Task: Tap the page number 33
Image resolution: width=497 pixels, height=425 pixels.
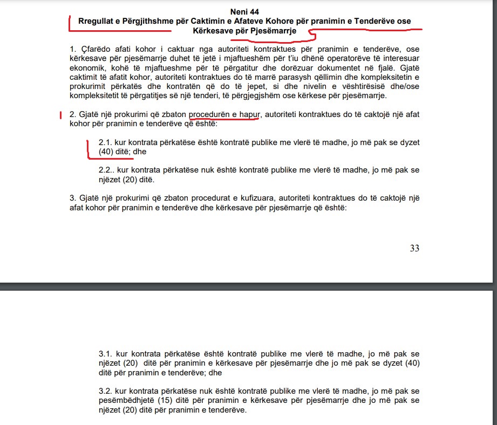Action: click(414, 248)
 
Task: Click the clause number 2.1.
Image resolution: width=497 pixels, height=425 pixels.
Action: click(105, 142)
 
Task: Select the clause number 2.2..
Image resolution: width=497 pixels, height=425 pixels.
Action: click(106, 170)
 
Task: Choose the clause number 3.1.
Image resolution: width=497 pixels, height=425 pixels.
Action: click(105, 354)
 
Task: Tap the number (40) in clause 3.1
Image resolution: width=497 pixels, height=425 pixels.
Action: click(412, 363)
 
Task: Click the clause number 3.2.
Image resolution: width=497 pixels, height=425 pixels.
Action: click(105, 392)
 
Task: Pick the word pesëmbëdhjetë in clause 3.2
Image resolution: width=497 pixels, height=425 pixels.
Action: click(124, 401)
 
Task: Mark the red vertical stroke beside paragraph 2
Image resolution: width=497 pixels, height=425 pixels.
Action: click(62, 115)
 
